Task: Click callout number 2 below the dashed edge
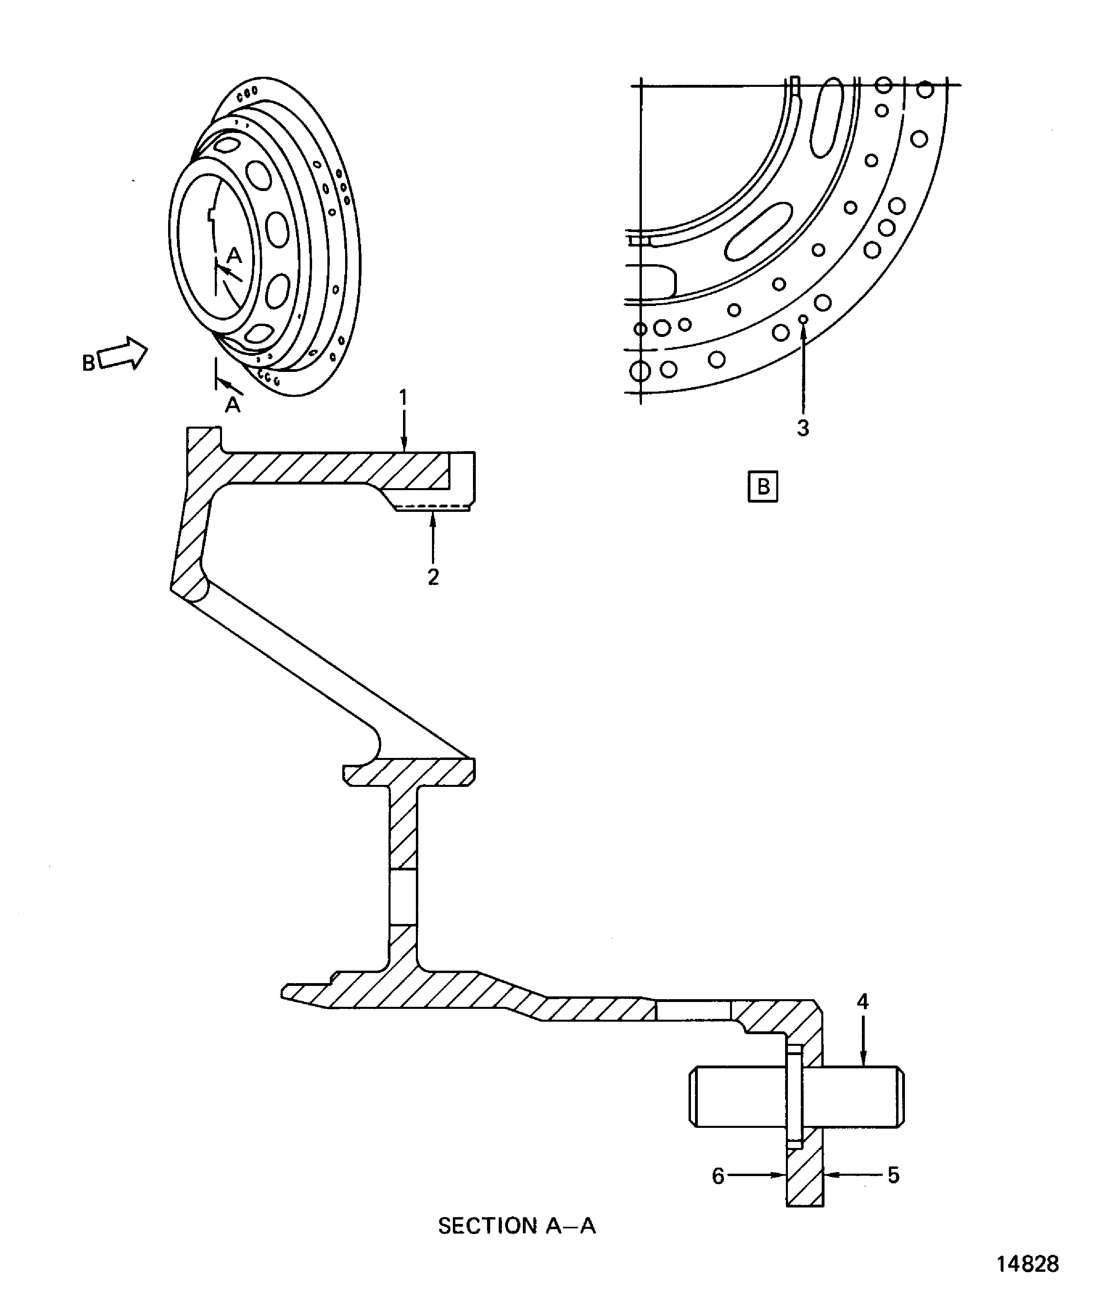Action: (433, 577)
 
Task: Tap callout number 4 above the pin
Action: (862, 1002)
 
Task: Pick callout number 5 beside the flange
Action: (894, 1175)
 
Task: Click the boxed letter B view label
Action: (763, 487)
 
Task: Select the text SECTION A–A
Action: (517, 1226)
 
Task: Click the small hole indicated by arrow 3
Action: (804, 319)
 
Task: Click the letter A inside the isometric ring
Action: (234, 255)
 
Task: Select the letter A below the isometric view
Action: (232, 405)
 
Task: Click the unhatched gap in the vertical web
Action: (403, 897)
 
